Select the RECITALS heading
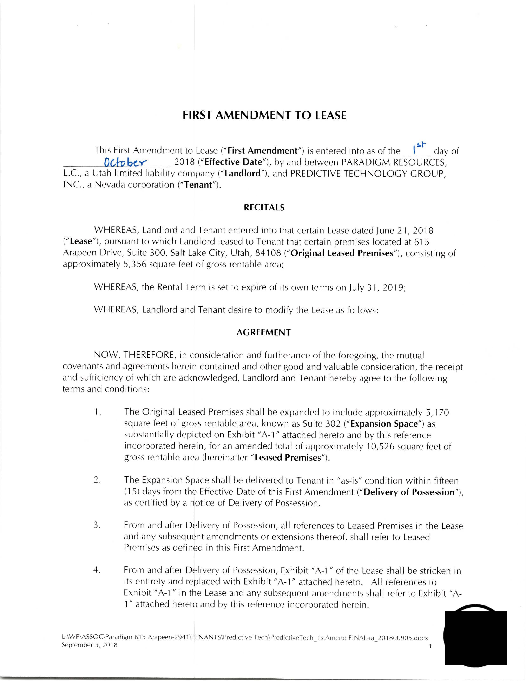pos(264,208)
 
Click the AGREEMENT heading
pos(263,332)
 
